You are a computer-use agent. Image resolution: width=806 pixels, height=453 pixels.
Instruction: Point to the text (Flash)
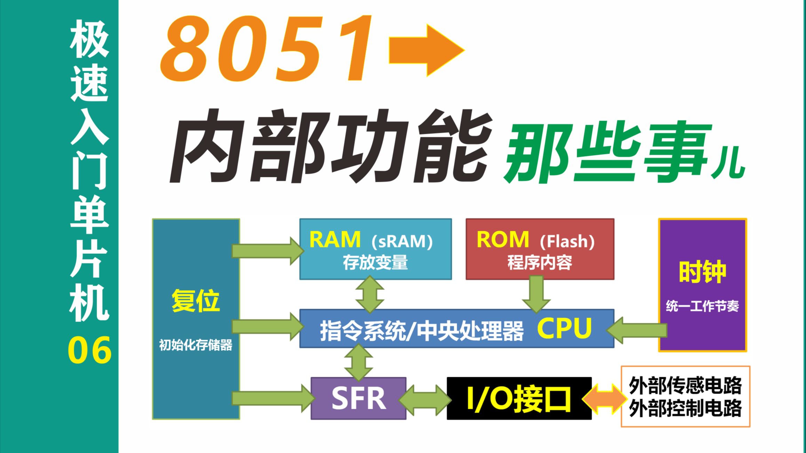[x=567, y=241]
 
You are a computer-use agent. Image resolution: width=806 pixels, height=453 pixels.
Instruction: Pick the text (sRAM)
[x=402, y=241]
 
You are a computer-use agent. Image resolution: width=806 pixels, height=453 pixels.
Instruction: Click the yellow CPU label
[x=564, y=328]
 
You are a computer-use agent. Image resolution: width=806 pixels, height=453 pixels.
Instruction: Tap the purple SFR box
[x=359, y=398]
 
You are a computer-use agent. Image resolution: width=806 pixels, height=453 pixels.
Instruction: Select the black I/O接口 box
[x=519, y=398]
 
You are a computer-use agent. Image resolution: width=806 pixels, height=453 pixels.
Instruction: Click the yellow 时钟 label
[x=702, y=272]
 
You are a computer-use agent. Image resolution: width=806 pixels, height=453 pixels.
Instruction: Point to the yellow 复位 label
[x=195, y=301]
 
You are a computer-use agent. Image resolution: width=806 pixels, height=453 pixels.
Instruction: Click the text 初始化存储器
[x=195, y=345]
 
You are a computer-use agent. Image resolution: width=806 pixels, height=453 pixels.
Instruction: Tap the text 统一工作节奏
[x=702, y=306]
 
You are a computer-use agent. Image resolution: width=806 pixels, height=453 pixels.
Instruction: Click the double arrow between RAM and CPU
[x=370, y=294]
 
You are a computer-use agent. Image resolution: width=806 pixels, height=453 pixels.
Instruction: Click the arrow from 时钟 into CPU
[x=637, y=330]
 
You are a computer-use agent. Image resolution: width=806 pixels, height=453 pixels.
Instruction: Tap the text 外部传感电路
[x=685, y=386]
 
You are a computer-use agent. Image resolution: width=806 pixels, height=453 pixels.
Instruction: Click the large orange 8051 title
[x=264, y=50]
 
